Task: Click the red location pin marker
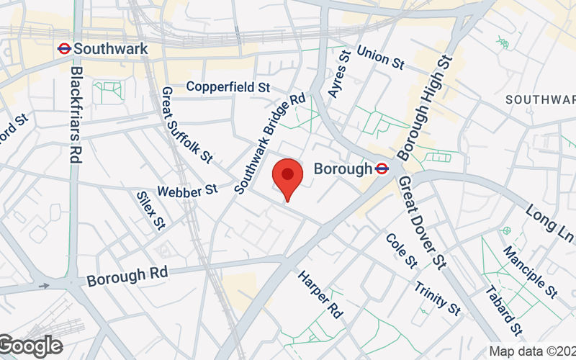click(287, 177)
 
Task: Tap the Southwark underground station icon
click(63, 49)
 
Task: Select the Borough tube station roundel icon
click(382, 169)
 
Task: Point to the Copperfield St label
click(228, 87)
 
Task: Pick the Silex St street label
click(150, 211)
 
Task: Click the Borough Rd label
click(127, 275)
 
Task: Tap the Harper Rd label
click(320, 294)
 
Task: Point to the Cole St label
click(401, 249)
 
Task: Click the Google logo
click(30, 346)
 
